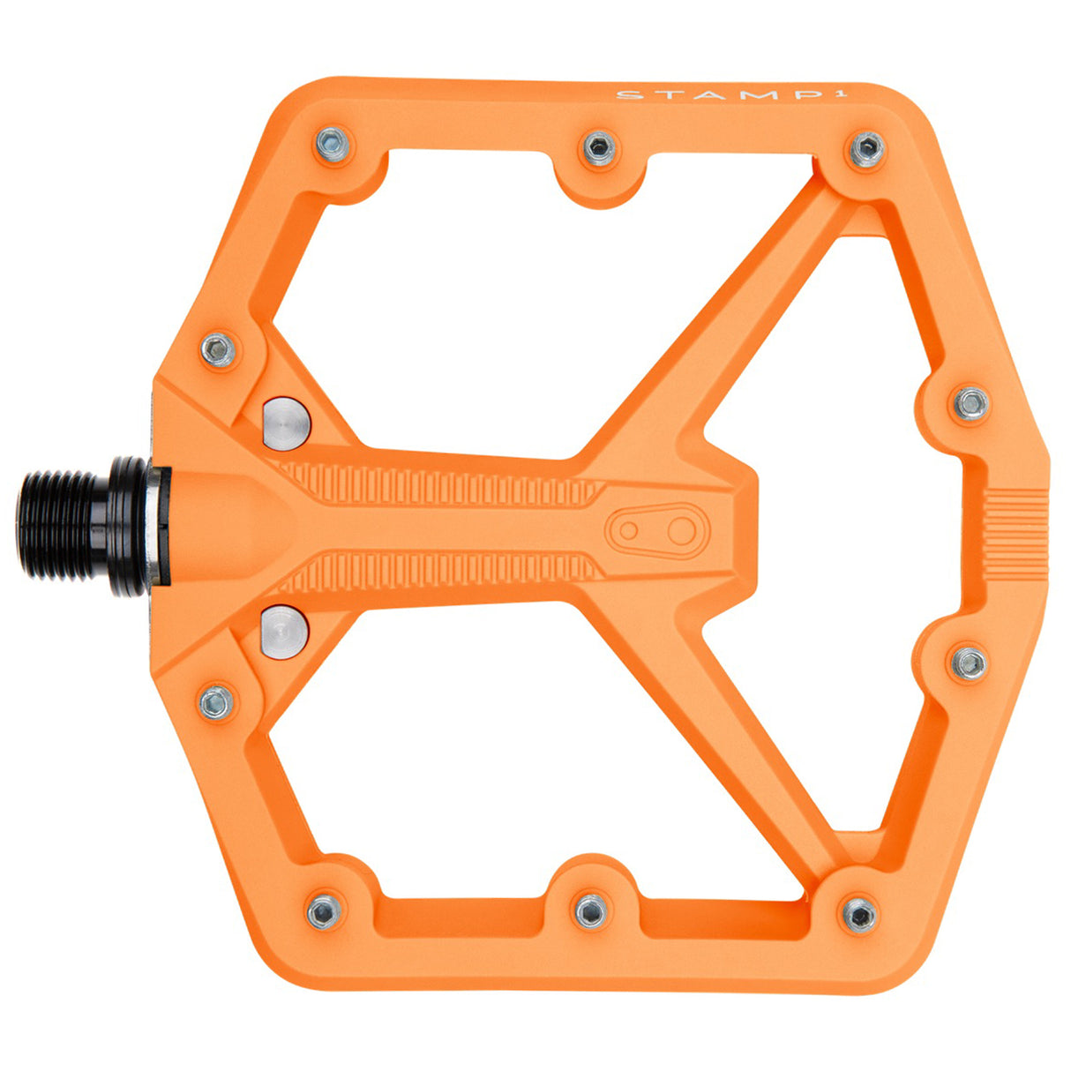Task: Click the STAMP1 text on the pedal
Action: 686,94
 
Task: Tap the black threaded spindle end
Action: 66,527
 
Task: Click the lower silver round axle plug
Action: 285,629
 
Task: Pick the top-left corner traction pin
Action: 333,145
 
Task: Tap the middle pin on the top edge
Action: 599,148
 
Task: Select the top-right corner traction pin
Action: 866,150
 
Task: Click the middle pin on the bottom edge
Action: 590,910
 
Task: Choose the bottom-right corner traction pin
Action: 858,913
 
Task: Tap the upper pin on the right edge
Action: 971,403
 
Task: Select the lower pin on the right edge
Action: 969,663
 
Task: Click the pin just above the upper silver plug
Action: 219,350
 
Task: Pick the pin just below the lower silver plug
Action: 216,701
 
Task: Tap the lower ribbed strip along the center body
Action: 441,571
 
